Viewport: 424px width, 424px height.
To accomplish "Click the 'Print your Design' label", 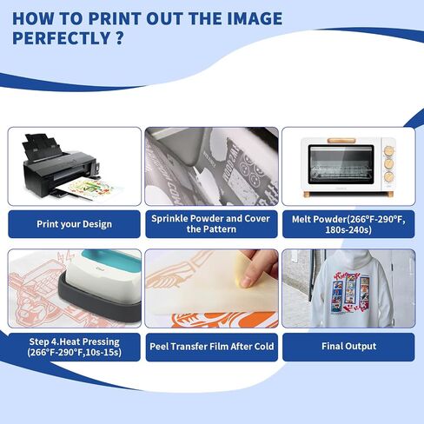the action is [x=74, y=224].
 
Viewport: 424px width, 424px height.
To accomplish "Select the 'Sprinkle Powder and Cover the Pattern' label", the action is [x=211, y=224].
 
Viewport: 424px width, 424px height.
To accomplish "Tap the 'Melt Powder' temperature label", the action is [x=348, y=224].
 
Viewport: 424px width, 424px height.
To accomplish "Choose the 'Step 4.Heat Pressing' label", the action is [x=74, y=347].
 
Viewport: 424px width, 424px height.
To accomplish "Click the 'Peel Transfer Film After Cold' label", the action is [x=211, y=347].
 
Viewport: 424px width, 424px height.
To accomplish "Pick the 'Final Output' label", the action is [x=348, y=347].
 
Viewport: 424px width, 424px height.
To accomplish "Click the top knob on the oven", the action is [x=389, y=151].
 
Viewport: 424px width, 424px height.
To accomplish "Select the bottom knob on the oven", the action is [x=388, y=176].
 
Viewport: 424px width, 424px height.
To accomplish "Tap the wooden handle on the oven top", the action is [x=341, y=141].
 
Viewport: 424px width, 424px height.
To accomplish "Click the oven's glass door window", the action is [x=341, y=164].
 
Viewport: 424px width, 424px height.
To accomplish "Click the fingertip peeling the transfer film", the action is [x=247, y=281].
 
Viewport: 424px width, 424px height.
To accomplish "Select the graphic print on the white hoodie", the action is [x=348, y=293].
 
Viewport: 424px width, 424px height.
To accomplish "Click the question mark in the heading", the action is [x=118, y=38].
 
